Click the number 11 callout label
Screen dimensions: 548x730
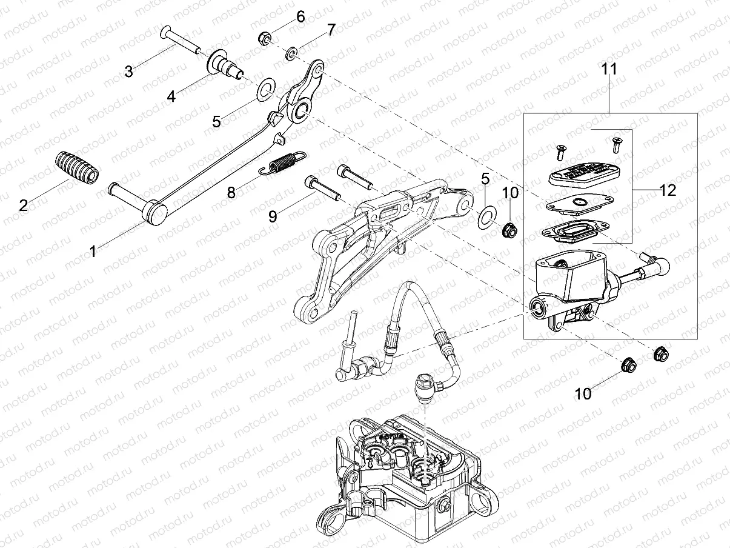click(x=609, y=69)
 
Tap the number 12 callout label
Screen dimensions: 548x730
click(x=668, y=190)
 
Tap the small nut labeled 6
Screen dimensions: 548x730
click(x=264, y=39)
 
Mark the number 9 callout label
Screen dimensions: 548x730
click(x=273, y=215)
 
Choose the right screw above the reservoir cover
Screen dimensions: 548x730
click(x=617, y=143)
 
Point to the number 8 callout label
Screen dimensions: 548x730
click(x=231, y=193)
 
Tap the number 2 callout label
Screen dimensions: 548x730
click(x=24, y=206)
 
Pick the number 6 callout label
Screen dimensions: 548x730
click(x=300, y=16)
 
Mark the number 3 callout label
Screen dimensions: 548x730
click(x=128, y=72)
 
